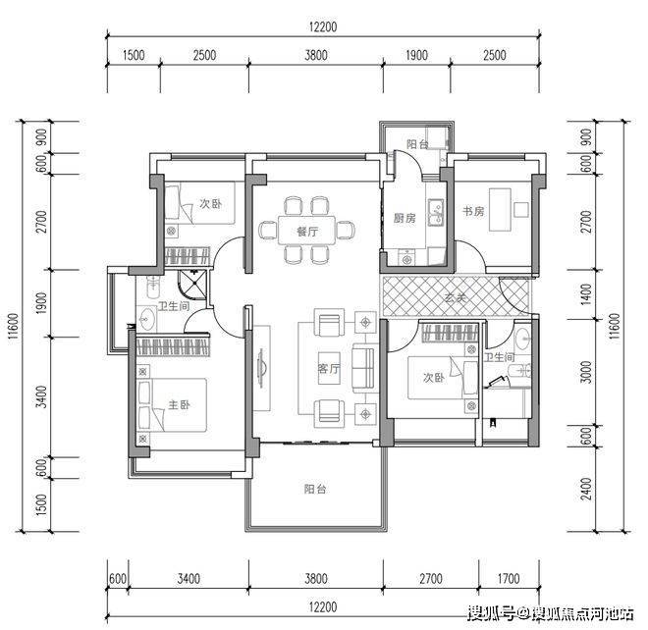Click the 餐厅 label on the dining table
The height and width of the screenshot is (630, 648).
pyautogui.click(x=307, y=232)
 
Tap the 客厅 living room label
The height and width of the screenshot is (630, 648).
pyautogui.click(x=329, y=368)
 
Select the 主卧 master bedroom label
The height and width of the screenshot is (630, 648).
pyautogui.click(x=179, y=404)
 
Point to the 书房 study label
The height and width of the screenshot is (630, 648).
pyautogui.click(x=473, y=211)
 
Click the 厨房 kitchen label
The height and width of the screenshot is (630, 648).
pyautogui.click(x=405, y=218)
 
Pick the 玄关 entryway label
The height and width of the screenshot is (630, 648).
pyautogui.click(x=456, y=297)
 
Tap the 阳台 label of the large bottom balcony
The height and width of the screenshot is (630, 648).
pyautogui.click(x=315, y=489)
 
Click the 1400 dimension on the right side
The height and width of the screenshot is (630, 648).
pyautogui.click(x=586, y=294)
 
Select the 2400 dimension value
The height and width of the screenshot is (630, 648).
pyautogui.click(x=586, y=489)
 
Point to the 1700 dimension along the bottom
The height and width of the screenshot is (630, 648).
pyautogui.click(x=509, y=578)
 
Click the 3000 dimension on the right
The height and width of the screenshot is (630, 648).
pyautogui.click(x=586, y=372)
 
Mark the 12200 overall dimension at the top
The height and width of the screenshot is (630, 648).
pyautogui.click(x=323, y=26)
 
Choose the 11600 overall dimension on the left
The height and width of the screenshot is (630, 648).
pyautogui.click(x=13, y=327)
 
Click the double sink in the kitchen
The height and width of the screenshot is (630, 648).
pyautogui.click(x=436, y=212)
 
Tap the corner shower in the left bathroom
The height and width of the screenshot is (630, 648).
pyautogui.click(x=192, y=284)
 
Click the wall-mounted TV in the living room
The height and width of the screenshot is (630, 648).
pyautogui.click(x=260, y=368)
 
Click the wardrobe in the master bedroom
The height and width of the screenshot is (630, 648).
pyautogui.click(x=173, y=347)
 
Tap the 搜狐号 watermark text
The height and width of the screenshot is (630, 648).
pyautogui.click(x=491, y=613)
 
